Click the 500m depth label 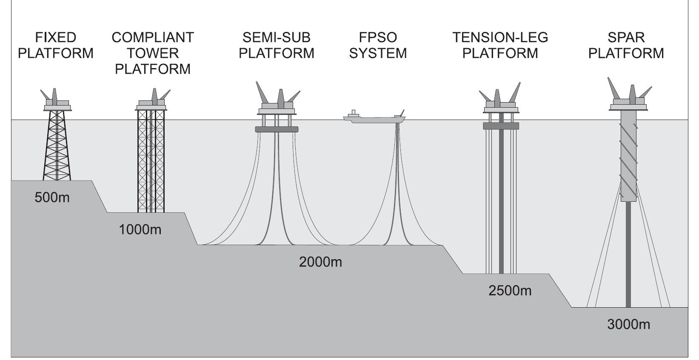[x=52, y=197]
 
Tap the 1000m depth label [x=140, y=230]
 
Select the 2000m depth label [x=320, y=262]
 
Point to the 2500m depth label [x=510, y=291]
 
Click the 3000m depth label [x=628, y=324]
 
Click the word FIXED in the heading [x=55, y=38]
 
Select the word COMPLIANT [x=153, y=38]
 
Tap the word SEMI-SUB [x=277, y=38]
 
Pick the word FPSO [x=378, y=38]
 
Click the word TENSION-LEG [x=500, y=38]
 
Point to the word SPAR [x=626, y=38]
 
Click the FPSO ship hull [x=374, y=120]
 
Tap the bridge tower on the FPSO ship [x=353, y=114]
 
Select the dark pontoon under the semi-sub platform [x=277, y=129]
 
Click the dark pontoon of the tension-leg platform [x=501, y=126]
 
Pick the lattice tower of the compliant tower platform [x=151, y=162]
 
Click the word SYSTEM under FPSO [x=378, y=54]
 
